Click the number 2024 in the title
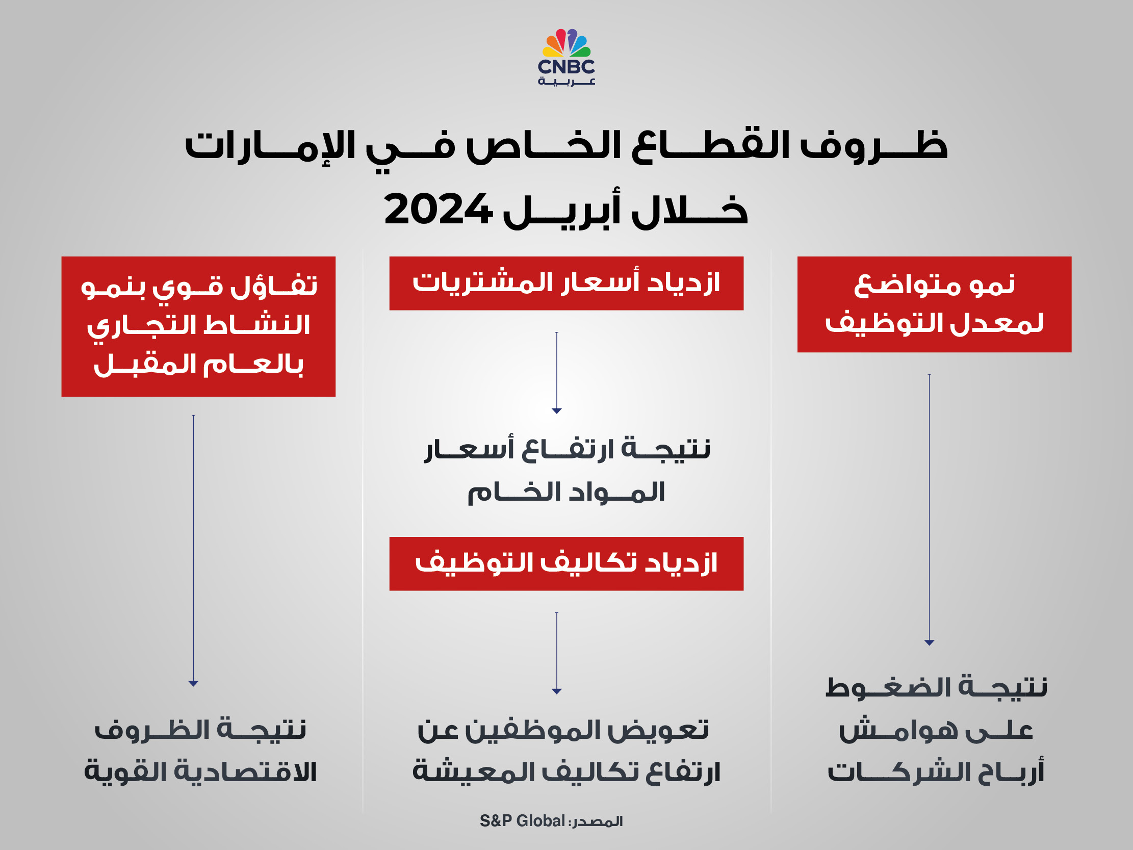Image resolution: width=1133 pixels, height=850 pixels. pos(438,210)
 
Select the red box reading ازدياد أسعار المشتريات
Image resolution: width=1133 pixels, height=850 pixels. pos(566,284)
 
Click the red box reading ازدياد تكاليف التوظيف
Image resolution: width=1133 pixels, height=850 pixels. pos(566,563)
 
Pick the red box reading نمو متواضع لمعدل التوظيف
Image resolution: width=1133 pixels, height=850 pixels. pos(934,304)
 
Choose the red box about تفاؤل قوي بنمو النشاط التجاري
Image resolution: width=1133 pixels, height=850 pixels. pos(198,326)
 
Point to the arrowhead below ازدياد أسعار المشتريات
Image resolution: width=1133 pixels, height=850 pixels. pos(557,411)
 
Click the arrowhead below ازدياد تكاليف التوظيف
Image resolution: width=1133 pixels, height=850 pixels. pos(557,692)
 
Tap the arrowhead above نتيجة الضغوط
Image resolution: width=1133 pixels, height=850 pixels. pos(929,642)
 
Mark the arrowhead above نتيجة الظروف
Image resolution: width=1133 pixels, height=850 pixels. pos(193,683)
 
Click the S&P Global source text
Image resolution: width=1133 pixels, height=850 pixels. pos(523,821)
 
